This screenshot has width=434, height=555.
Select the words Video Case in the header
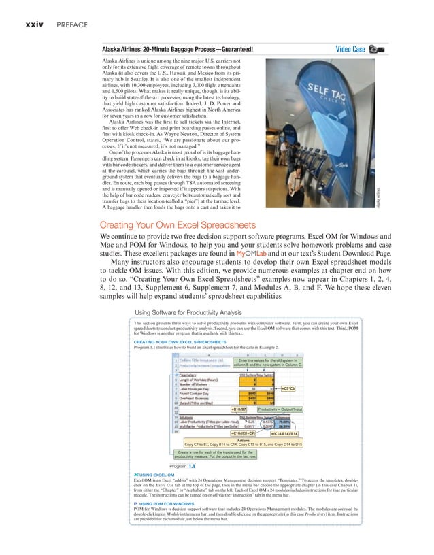(x=350, y=49)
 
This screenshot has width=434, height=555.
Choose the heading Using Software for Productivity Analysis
(x=190, y=313)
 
